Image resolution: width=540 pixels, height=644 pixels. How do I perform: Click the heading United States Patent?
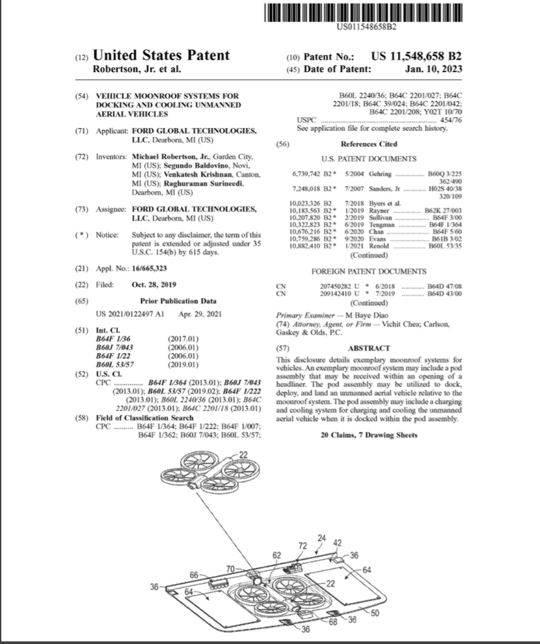coord(161,56)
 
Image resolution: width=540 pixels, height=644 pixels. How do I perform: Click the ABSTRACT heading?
coord(370,349)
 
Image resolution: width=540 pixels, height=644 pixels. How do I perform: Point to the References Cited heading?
coord(370,144)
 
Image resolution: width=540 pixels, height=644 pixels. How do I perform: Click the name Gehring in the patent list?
coord(381,175)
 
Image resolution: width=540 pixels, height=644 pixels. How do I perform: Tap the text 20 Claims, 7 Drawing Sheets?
coord(370,434)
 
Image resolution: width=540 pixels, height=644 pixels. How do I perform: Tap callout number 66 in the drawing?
coord(194,574)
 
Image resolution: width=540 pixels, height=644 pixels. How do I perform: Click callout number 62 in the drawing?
coord(277,556)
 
